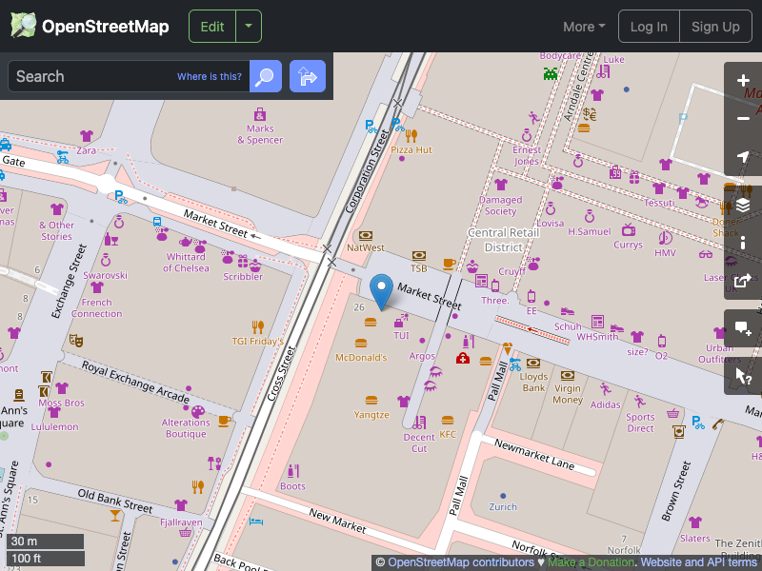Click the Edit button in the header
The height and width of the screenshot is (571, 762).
(x=212, y=27)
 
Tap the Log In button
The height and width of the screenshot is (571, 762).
(x=649, y=27)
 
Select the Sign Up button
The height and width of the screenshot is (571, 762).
(x=715, y=27)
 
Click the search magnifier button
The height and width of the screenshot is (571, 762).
(x=266, y=76)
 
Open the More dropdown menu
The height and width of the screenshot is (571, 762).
(x=584, y=27)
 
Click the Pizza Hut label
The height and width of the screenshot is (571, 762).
(x=411, y=149)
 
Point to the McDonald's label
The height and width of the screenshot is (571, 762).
(x=361, y=357)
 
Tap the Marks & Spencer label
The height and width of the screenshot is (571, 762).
(x=260, y=134)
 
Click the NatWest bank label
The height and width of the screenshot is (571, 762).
(x=366, y=247)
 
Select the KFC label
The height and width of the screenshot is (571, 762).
(x=448, y=435)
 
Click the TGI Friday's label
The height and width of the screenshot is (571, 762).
(x=257, y=341)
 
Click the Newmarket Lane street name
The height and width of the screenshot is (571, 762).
(x=533, y=455)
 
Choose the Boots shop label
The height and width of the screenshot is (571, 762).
(x=292, y=486)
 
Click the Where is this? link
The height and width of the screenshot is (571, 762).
(x=210, y=77)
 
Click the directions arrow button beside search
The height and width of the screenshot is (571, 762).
(x=308, y=76)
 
